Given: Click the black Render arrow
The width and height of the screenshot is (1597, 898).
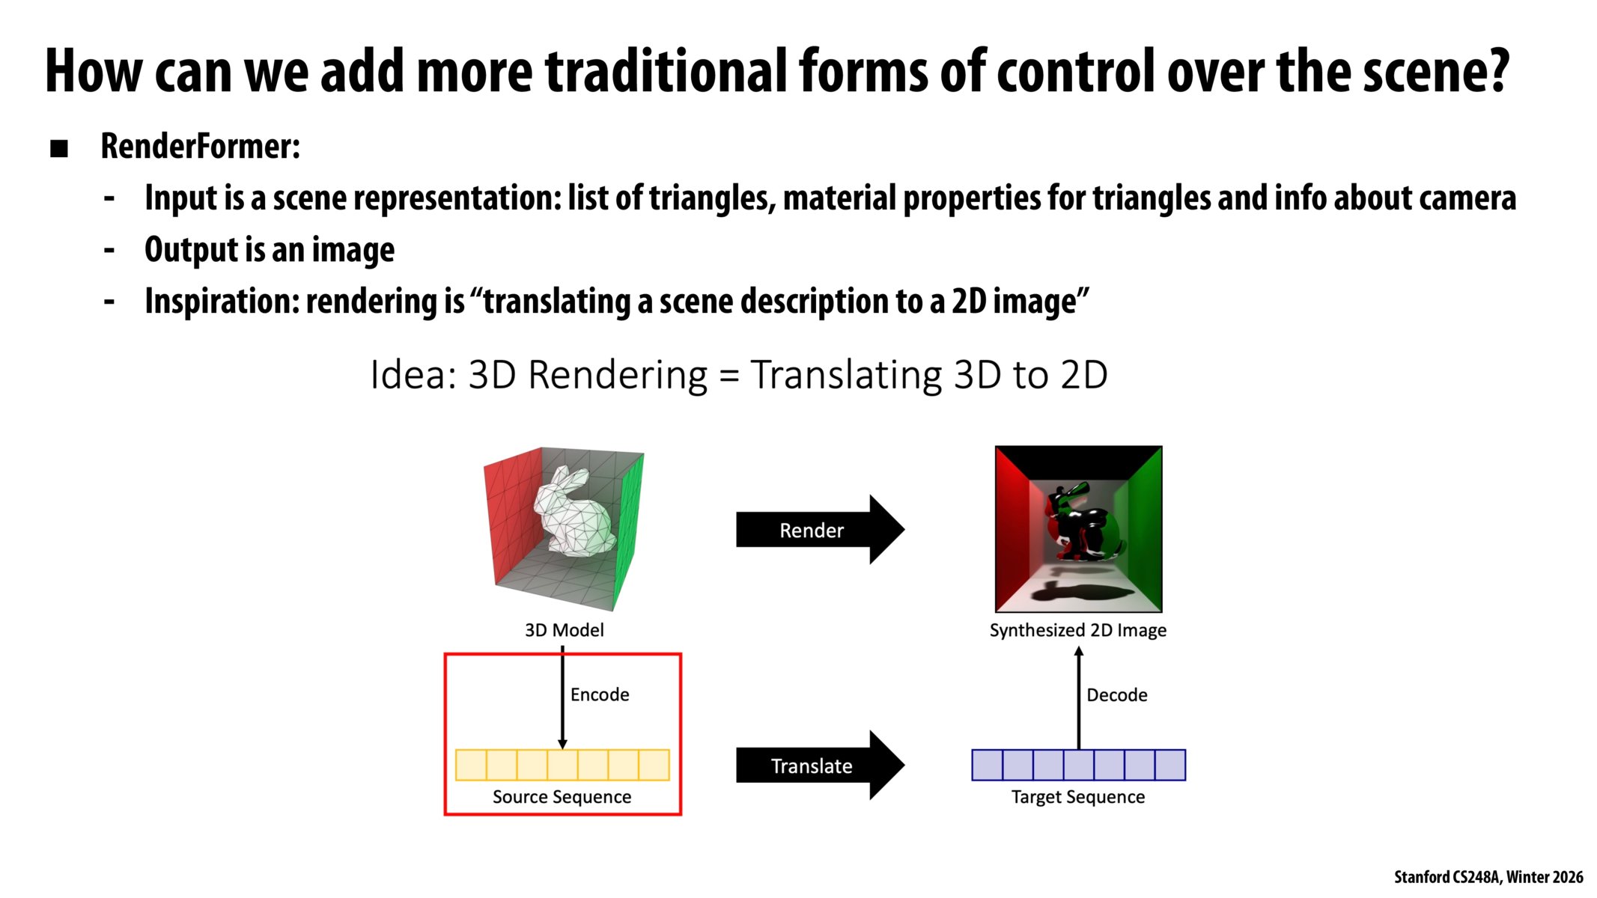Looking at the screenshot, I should click(x=812, y=530).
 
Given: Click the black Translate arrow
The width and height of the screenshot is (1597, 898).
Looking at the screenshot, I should click(x=812, y=766).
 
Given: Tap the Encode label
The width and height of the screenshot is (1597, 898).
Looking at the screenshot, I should click(x=599, y=694).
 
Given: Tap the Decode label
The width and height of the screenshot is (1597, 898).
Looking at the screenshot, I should click(x=1116, y=695).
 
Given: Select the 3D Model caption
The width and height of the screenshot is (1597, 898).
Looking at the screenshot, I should click(x=564, y=630).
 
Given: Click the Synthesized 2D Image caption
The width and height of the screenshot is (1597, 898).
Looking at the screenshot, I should click(x=1077, y=630).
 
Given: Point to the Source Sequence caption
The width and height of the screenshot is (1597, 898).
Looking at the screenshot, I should click(x=562, y=797).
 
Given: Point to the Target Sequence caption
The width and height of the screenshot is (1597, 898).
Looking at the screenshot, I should click(x=1077, y=797).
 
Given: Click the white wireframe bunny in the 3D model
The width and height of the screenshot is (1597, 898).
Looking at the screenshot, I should click(x=573, y=513).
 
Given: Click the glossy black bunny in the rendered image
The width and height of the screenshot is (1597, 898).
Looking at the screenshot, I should click(x=1078, y=524).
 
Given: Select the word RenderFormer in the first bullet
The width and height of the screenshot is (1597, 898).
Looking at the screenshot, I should click(x=200, y=146).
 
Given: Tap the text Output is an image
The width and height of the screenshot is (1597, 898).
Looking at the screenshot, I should click(x=270, y=250).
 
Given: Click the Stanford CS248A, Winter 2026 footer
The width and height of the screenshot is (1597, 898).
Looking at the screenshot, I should click(x=1488, y=876).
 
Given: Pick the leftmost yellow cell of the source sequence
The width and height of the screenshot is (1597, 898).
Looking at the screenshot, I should click(x=471, y=765).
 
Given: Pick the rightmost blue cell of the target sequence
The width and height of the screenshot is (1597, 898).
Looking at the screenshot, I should click(x=1169, y=765).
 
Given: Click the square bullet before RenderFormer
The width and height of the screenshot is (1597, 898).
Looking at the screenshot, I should click(x=59, y=148).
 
